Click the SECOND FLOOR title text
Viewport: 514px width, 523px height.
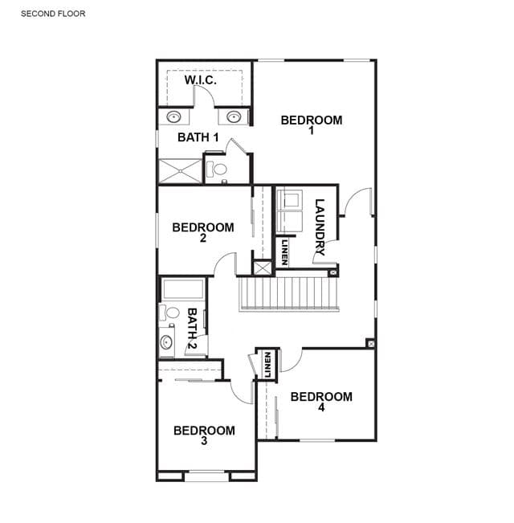[x=53, y=14]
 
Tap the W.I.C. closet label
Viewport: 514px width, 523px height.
[x=201, y=80]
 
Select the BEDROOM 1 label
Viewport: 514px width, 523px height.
[x=312, y=124]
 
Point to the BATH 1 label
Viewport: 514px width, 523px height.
[x=198, y=137]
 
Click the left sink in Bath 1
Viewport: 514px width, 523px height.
[x=173, y=117]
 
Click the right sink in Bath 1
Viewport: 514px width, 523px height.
[x=234, y=117]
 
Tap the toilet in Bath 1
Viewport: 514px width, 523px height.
[x=216, y=170]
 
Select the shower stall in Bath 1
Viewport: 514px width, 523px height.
[x=181, y=171]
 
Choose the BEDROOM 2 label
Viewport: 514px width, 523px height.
[x=203, y=232]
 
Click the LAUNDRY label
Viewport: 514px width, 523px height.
[x=320, y=227]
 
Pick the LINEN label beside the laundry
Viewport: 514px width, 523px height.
[x=284, y=252]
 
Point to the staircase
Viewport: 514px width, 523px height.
[x=288, y=294]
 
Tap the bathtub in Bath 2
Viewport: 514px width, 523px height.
[x=183, y=289]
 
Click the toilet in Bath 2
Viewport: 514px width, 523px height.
[x=169, y=313]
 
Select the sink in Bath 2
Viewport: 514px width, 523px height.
[x=166, y=342]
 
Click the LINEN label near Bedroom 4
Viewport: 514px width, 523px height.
[x=267, y=365]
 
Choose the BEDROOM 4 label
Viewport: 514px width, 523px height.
[x=321, y=401]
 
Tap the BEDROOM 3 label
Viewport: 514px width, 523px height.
[x=204, y=435]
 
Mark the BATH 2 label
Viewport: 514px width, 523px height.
[x=192, y=329]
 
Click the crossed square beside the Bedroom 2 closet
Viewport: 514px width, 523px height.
[x=263, y=268]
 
